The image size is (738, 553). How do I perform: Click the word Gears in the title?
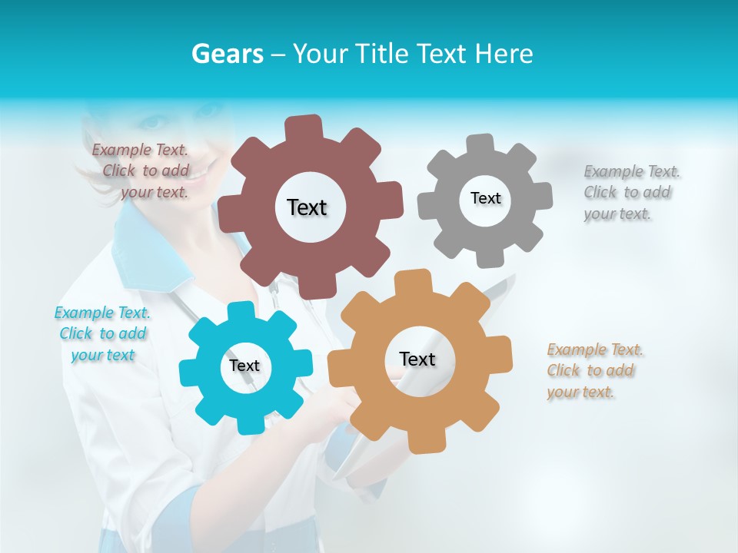point(228,54)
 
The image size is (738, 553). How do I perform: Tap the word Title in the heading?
point(384,54)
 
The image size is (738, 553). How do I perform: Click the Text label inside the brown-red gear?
point(307,207)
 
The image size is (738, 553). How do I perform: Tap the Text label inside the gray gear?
point(485,198)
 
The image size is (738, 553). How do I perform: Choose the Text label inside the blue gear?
point(244,366)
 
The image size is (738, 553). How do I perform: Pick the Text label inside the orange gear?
point(417,359)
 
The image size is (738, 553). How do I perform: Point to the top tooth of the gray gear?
point(480,144)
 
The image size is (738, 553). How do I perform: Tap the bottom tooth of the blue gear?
point(248,423)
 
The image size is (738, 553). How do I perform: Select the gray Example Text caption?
point(631,193)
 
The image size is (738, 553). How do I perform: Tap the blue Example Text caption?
point(102,334)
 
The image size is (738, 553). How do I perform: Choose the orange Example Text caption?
point(594,371)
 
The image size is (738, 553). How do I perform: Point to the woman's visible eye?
point(154,121)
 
